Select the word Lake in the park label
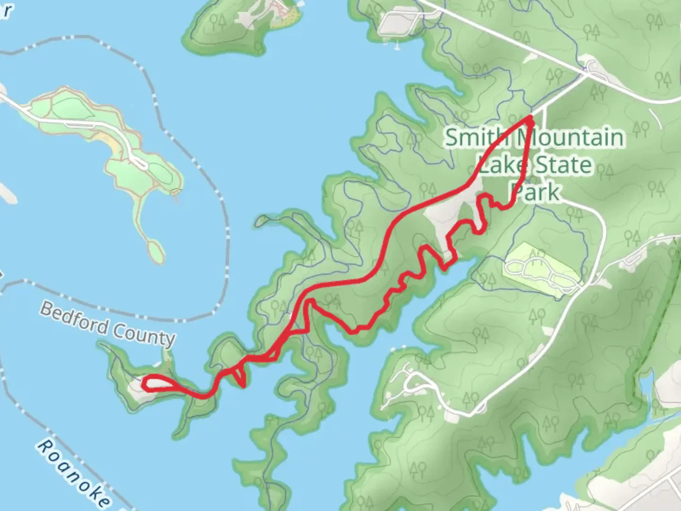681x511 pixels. click(501, 165)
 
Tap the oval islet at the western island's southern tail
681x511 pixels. click(155, 250)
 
